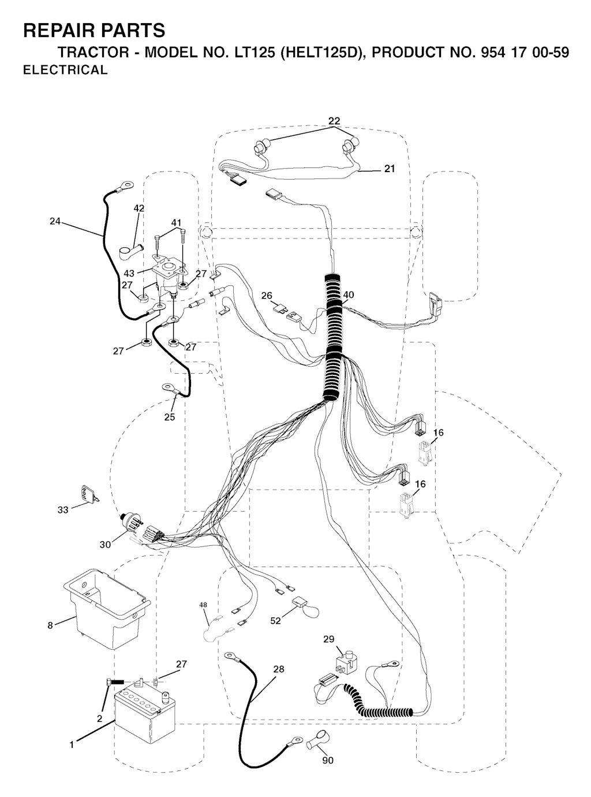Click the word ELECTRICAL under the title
[65, 70]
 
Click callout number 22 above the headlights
[334, 121]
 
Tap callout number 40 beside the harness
[348, 295]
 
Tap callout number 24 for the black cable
[55, 221]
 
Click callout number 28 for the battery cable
[279, 669]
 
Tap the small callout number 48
[203, 605]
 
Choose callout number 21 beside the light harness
[390, 169]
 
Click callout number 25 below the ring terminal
[169, 417]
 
